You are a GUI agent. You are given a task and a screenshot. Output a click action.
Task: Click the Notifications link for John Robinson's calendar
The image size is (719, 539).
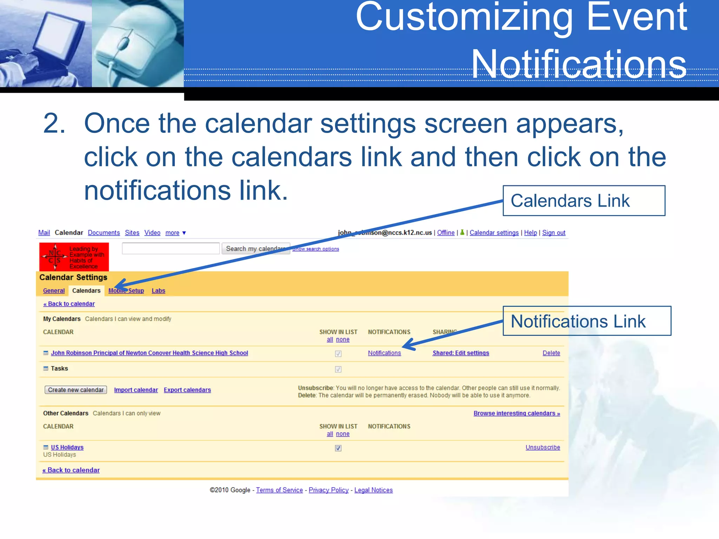pyautogui.click(x=384, y=353)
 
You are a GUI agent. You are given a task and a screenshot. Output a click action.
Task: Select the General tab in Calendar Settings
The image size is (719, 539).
pyautogui.click(x=54, y=291)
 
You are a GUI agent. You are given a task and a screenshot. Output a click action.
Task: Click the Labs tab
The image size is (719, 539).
pyautogui.click(x=158, y=291)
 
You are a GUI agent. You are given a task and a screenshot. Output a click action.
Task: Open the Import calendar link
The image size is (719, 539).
pyautogui.click(x=136, y=390)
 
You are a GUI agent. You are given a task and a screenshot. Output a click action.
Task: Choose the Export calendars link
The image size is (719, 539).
pyautogui.click(x=187, y=390)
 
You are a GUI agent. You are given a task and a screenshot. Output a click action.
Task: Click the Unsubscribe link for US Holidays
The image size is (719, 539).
pyautogui.click(x=542, y=447)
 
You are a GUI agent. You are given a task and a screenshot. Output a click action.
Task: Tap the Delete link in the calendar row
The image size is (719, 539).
pyautogui.click(x=551, y=353)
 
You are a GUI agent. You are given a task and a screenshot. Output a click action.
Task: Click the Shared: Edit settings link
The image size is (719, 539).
pyautogui.click(x=461, y=353)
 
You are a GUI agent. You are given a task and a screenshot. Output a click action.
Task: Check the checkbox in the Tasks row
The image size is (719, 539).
pyautogui.click(x=338, y=369)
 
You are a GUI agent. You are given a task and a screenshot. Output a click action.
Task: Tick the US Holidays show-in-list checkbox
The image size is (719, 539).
pyautogui.click(x=338, y=448)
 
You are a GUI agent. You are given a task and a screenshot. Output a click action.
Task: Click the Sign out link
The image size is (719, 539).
pyautogui.click(x=554, y=233)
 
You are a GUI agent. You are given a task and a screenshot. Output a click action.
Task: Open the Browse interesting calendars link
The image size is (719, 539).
pyautogui.click(x=516, y=413)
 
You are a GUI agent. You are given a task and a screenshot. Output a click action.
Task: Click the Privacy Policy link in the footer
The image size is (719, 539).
pyautogui.click(x=328, y=490)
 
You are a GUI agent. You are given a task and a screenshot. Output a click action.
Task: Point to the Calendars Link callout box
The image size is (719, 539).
pyautogui.click(x=583, y=201)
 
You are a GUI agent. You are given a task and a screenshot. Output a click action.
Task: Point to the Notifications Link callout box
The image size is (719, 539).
pyautogui.click(x=586, y=321)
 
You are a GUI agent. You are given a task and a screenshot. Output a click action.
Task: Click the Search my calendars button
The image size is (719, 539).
pyautogui.click(x=256, y=248)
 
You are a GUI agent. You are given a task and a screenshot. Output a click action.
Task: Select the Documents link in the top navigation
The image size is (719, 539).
pyautogui.click(x=104, y=233)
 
